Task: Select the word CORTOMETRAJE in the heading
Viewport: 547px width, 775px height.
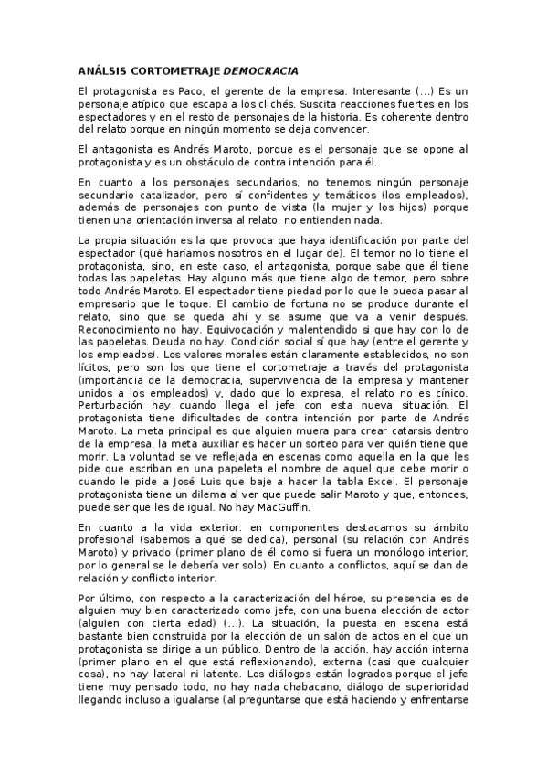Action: click(172, 70)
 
